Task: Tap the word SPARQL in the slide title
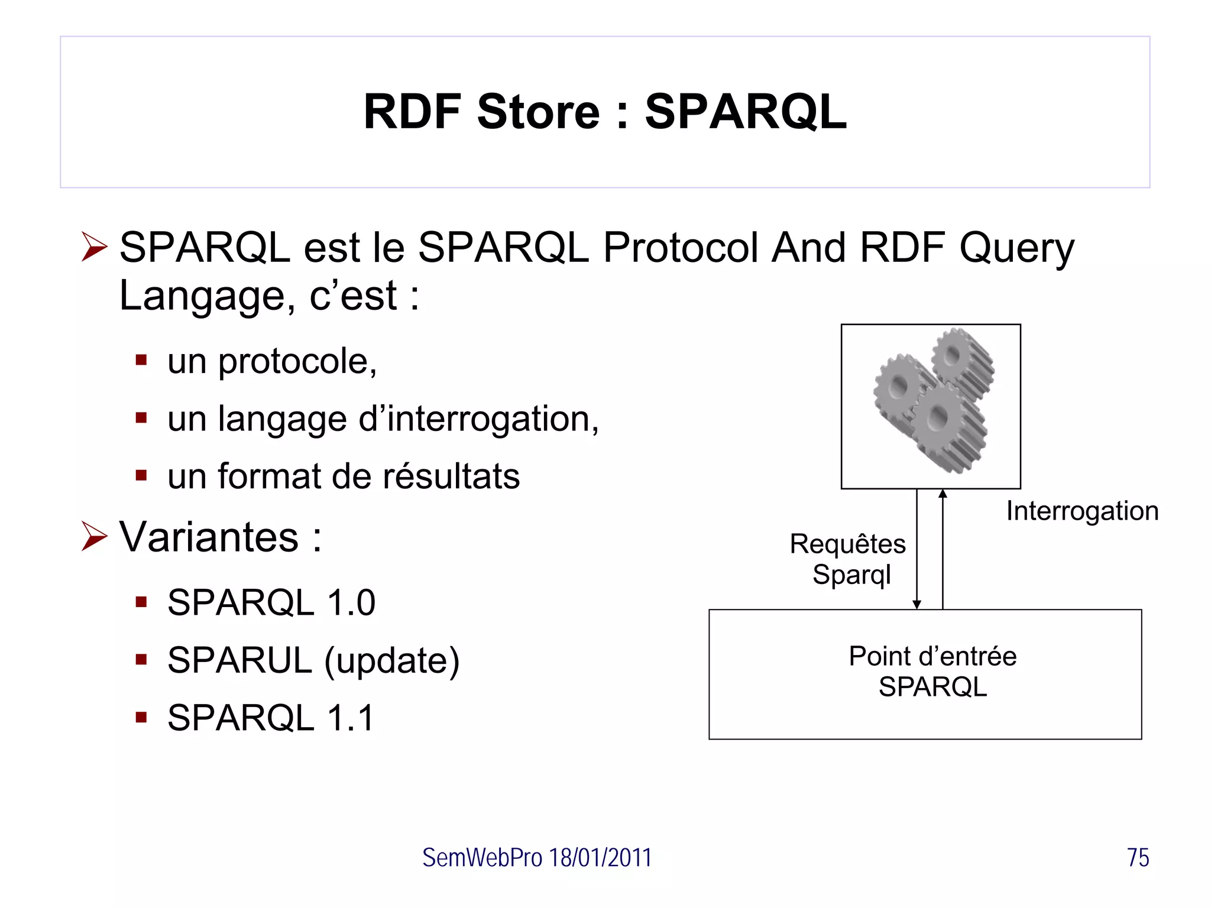pos(746,112)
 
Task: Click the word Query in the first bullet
pos(1016,248)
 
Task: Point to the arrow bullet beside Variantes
pos(95,537)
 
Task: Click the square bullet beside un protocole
pos(141,360)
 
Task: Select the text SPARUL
pos(239,660)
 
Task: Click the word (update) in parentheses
pos(392,661)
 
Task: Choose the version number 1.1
pos(351,718)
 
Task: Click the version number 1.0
pos(351,603)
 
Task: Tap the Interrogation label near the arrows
pos(1082,511)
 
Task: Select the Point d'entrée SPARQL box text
pos(932,672)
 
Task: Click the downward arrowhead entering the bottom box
pos(917,604)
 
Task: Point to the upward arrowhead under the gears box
pos(943,494)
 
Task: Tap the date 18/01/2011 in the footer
pos(600,858)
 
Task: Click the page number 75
pos(1138,858)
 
